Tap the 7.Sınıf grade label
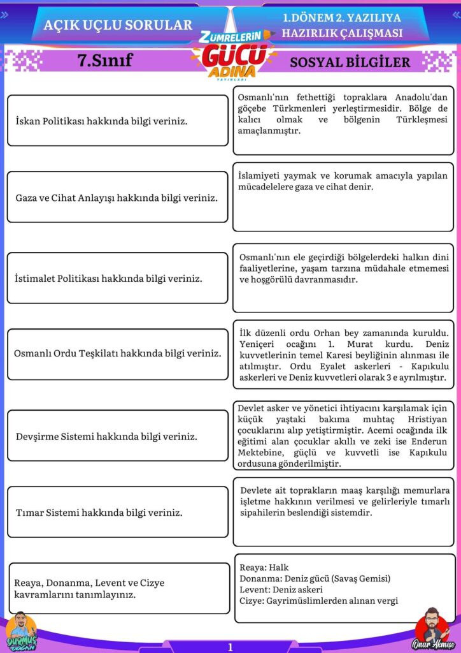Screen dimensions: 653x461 pos(104,61)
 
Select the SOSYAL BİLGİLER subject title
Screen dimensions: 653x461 pos(350,62)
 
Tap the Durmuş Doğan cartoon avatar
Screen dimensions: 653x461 pos(21,631)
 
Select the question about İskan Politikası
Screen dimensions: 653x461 pos(101,121)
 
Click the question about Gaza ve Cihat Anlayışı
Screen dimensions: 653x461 pos(117,198)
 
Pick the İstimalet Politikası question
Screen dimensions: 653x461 pos(108,279)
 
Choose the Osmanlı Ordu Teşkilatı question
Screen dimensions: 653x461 pos(118,353)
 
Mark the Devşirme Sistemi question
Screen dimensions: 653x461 pos(106,437)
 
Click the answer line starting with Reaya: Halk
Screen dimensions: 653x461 pos(264,567)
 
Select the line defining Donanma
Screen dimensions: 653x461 pos(315,578)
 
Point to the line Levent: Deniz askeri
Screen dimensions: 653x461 pos(281,589)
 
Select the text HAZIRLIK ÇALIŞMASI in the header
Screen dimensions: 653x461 pos(342,33)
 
